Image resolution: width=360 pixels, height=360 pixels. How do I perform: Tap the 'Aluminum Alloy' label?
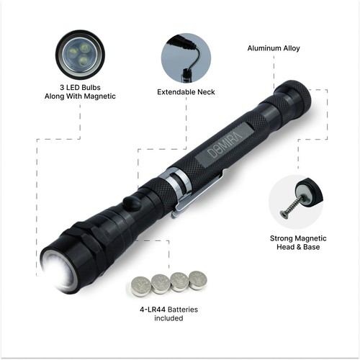point(274,48)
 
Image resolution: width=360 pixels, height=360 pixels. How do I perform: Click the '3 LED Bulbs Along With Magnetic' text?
point(79,91)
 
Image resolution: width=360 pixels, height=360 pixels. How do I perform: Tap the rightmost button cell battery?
point(197,279)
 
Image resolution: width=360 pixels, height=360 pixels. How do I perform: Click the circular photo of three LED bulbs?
point(79,54)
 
